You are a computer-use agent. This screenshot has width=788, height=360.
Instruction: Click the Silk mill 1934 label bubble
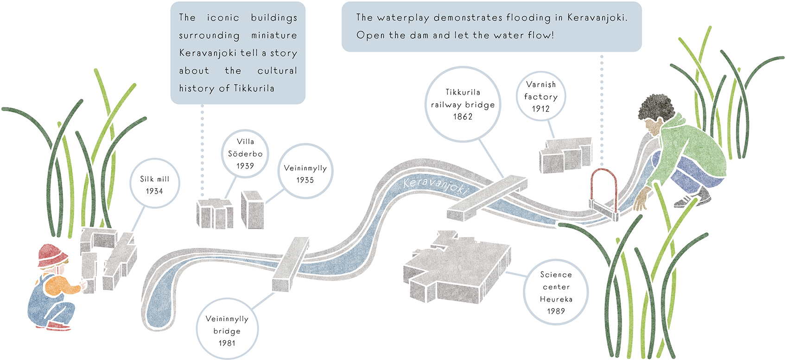pos(154,185)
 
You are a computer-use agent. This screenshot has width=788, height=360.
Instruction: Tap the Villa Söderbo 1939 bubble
pos(245,153)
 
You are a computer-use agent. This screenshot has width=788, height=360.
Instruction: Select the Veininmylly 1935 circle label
pos(305,174)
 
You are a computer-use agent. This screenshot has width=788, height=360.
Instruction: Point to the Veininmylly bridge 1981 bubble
pos(227,330)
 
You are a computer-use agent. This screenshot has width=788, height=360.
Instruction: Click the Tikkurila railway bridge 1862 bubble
pos(463,104)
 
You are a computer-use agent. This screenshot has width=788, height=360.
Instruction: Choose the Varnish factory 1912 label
pos(540,96)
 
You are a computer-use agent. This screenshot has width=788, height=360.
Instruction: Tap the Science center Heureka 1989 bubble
pos(556,292)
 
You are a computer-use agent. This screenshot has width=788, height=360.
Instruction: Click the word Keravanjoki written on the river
pos(435,185)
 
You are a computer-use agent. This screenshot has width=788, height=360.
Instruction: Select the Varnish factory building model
pos(565,155)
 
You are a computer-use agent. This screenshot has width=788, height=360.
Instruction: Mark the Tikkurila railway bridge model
pos(487,197)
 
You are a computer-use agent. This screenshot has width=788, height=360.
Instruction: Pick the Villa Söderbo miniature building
pos(214,214)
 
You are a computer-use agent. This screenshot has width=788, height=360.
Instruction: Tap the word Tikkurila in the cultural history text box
pos(254,88)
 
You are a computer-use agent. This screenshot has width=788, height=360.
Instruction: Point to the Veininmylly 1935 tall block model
pos(253,210)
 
